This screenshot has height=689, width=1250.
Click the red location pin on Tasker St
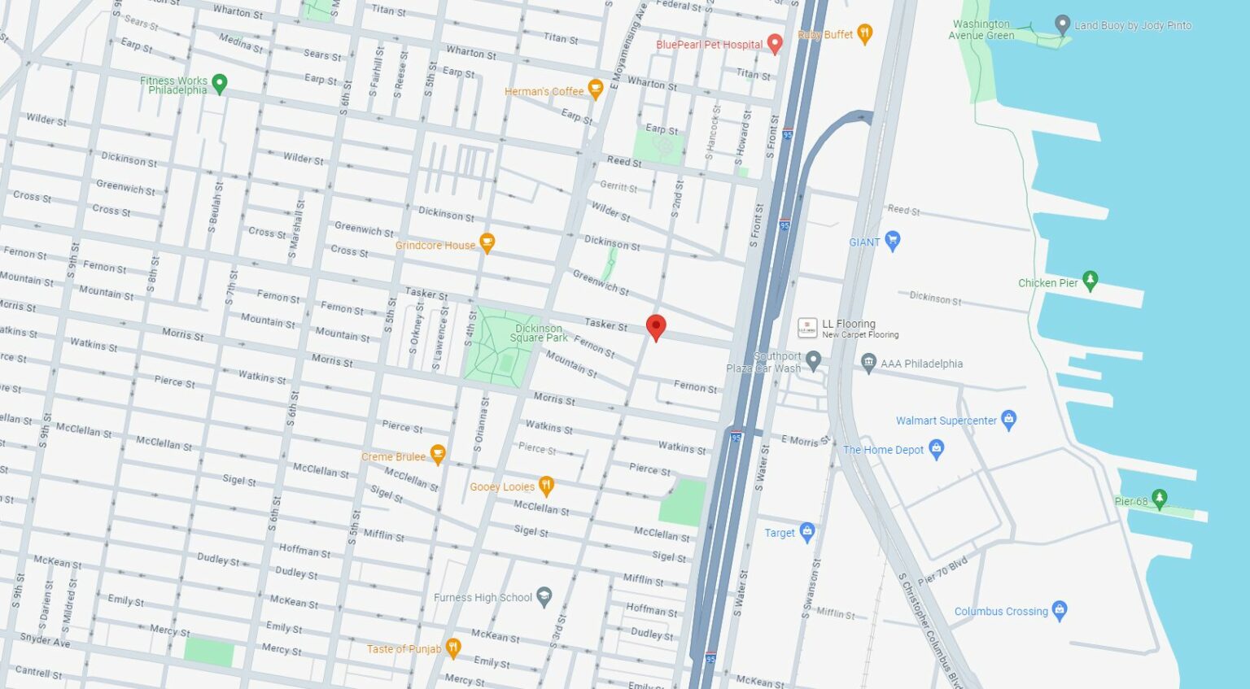point(655,327)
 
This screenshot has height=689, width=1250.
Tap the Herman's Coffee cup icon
point(595,89)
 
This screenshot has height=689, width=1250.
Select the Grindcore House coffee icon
point(487,242)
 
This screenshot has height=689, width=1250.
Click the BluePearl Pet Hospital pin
point(775,43)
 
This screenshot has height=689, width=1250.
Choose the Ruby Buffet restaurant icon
point(864,33)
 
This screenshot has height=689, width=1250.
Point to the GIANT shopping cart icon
point(893,241)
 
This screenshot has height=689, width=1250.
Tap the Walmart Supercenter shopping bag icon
point(1009,420)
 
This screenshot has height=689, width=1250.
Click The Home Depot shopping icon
point(936,448)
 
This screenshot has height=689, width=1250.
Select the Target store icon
point(807,532)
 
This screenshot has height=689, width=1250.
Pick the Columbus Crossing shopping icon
point(1059,610)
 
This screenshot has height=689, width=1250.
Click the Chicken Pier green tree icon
point(1090,281)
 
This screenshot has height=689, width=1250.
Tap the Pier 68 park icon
point(1160,499)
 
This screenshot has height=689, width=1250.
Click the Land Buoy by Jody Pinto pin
point(1062,24)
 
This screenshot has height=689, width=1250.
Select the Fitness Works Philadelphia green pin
point(219,83)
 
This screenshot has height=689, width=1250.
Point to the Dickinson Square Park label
point(538,334)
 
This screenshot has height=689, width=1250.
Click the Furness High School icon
point(544,597)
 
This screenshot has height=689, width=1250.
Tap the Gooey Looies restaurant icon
point(546,486)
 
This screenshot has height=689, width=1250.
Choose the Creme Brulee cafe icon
point(437,455)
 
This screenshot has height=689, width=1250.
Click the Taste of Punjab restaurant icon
point(453,648)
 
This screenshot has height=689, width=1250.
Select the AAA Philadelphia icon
point(868,363)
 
